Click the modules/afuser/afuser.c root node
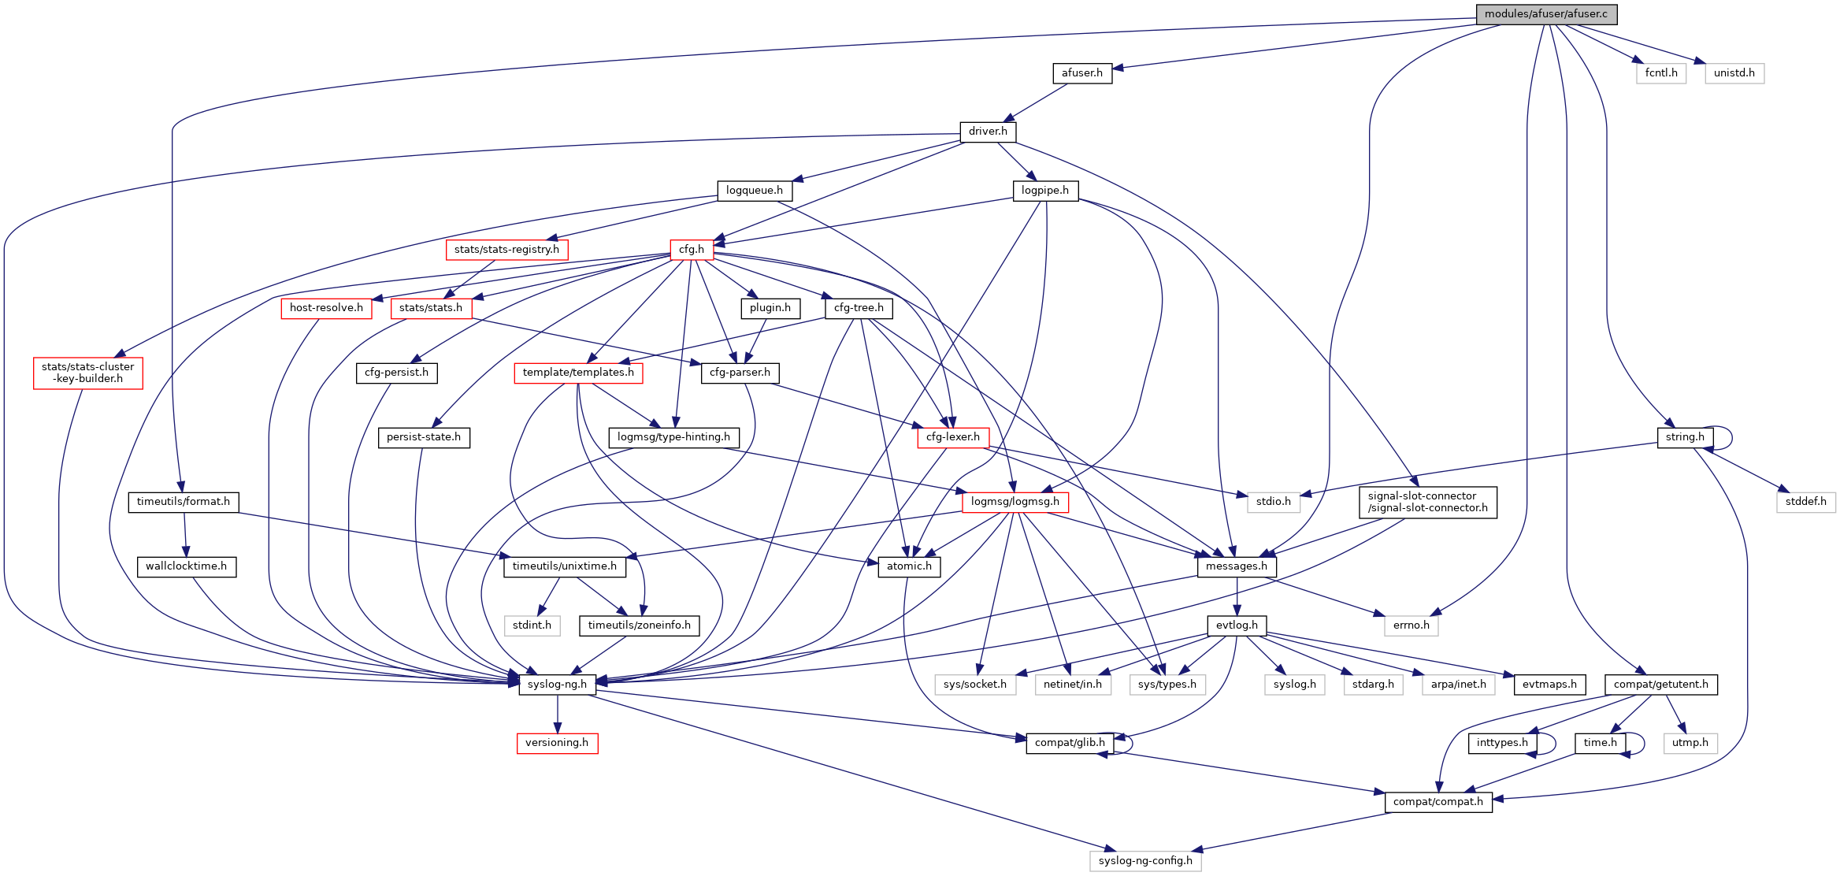click(x=1545, y=14)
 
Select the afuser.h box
click(x=1081, y=73)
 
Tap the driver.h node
click(x=988, y=132)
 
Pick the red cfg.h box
click(x=692, y=250)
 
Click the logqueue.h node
click(x=754, y=191)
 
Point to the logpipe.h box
click(x=1044, y=191)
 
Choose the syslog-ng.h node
click(x=557, y=685)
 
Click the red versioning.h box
click(x=557, y=743)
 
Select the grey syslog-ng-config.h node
click(x=1145, y=861)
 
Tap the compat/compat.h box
click(x=1437, y=802)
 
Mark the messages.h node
click(x=1236, y=566)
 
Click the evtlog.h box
click(x=1237, y=625)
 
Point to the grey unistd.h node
click(x=1734, y=73)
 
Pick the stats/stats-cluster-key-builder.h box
click(x=87, y=373)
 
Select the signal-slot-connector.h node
click(x=1427, y=502)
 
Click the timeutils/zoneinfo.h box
click(x=639, y=625)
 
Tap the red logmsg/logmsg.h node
click(x=1015, y=502)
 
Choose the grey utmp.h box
click(x=1690, y=743)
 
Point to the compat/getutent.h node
click(x=1660, y=685)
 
